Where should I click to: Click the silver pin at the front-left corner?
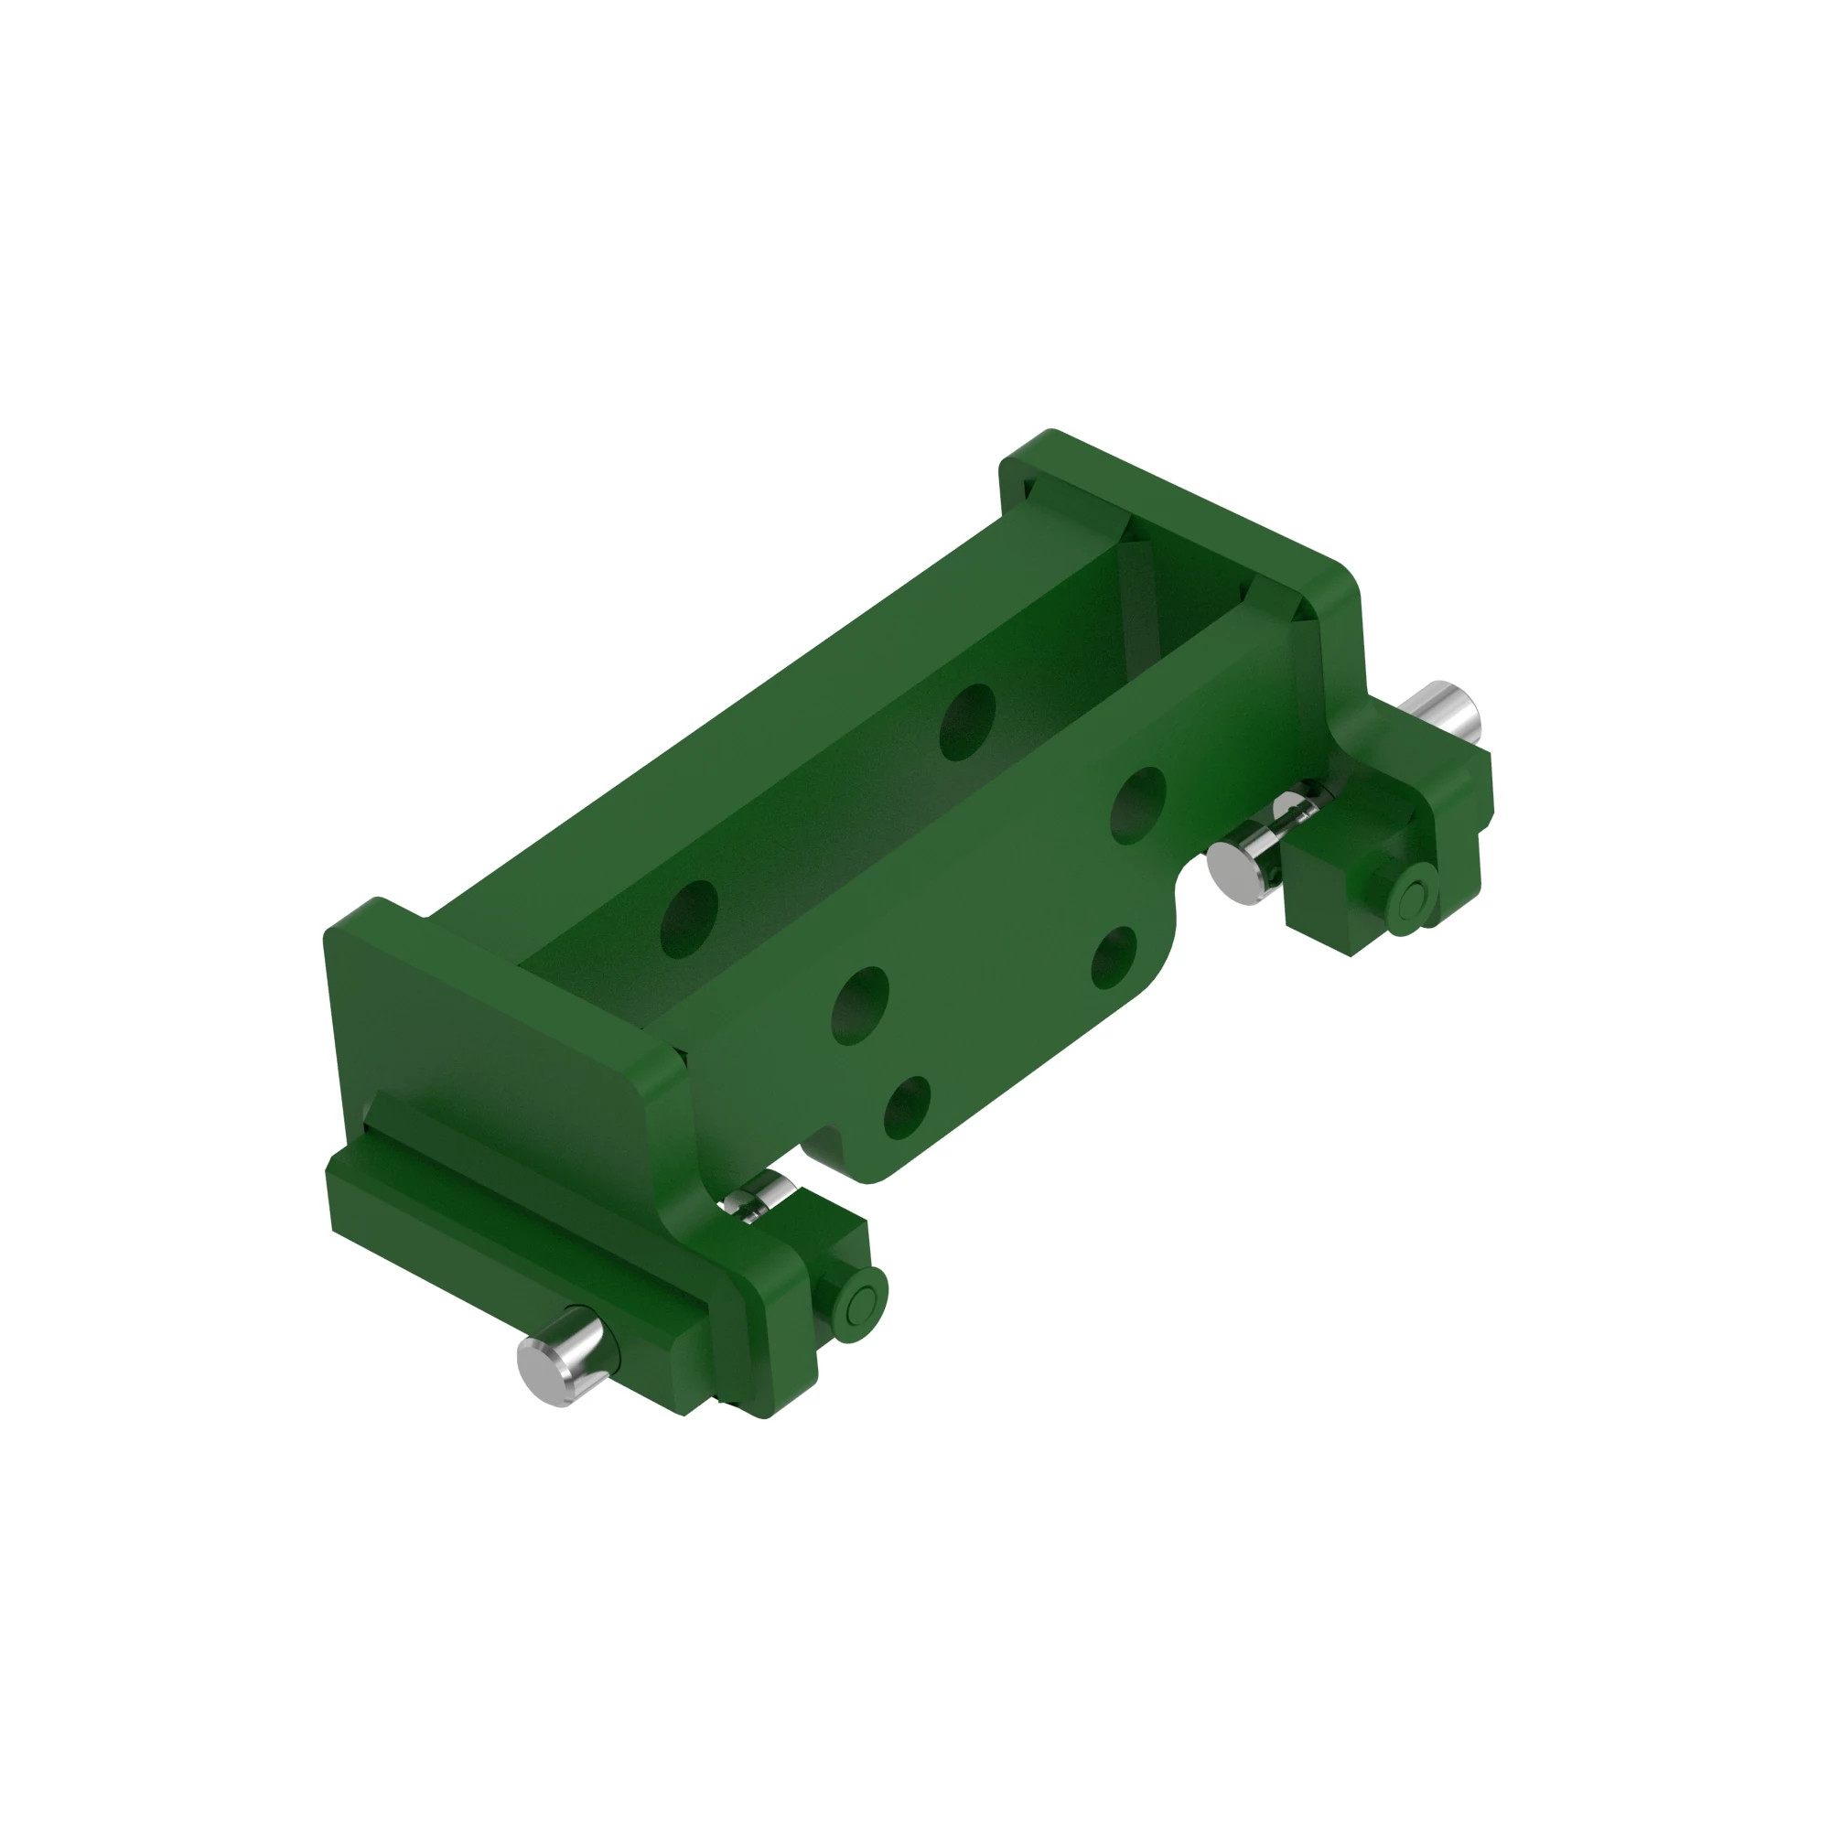(557, 1356)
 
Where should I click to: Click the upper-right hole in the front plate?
(1137, 805)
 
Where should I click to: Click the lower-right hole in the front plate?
(1114, 957)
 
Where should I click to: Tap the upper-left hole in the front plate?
(860, 1005)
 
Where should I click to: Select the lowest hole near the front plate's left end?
(907, 1107)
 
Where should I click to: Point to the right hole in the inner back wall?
(967, 723)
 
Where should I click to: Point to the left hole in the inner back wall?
(689, 919)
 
